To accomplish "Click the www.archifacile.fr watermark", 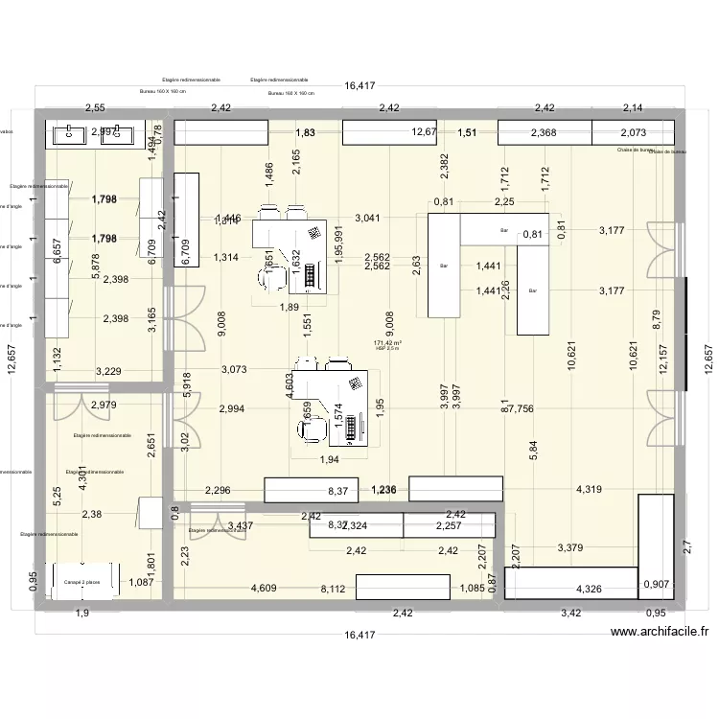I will tap(659, 632).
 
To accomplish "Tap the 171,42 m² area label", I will tap(386, 342).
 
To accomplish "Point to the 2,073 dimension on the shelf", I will tap(633, 132).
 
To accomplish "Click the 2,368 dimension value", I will tap(543, 132).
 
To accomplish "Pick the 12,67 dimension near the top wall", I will tap(424, 132).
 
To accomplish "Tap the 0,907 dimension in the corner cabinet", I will tap(656, 584).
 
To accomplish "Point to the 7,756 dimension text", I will tap(524, 408).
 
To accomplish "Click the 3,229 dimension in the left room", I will tap(109, 371).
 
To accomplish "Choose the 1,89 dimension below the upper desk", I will tap(287, 307).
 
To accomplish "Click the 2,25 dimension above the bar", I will tap(504, 201).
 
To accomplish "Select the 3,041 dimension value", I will tap(368, 218).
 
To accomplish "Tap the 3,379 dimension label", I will tap(570, 548).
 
